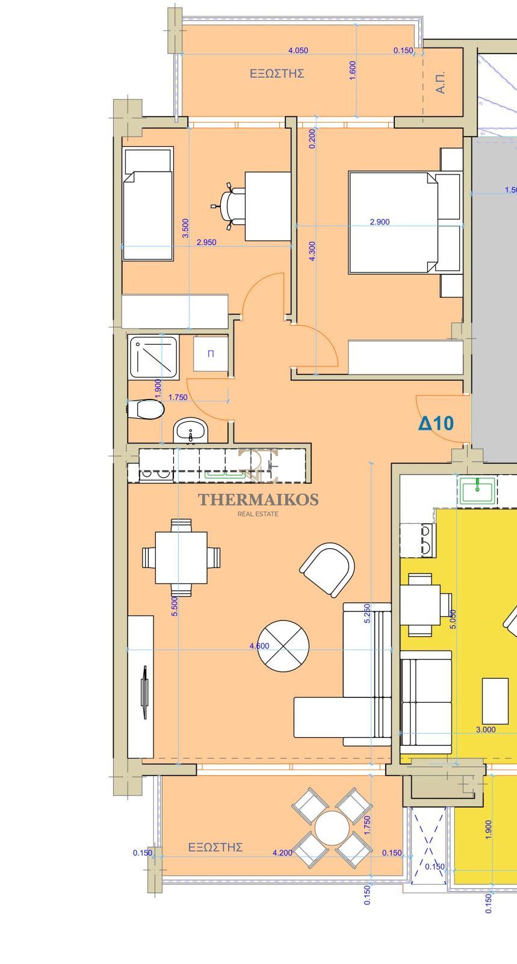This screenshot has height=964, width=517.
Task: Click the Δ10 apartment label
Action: pos(436,424)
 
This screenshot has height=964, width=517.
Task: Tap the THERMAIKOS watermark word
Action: pos(258,499)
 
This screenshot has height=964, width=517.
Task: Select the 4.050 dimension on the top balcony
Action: pos(298,51)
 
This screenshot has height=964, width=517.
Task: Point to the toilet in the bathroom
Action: pos(146,409)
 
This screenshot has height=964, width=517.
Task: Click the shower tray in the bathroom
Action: pos(153,358)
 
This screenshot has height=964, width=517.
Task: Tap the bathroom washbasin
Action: pos(191,430)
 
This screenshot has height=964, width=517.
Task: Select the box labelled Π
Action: pos(211,354)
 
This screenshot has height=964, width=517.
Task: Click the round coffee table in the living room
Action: pos(283,646)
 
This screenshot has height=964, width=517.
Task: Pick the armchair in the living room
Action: pos(327,569)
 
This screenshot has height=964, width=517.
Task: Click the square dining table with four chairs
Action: pos(181,557)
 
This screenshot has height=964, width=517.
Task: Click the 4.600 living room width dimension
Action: pos(259,646)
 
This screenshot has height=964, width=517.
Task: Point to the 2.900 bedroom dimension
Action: pos(380,222)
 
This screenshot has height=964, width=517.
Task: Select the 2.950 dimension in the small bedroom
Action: pos(206,243)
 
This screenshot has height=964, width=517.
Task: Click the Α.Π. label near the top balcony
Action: pos(441,82)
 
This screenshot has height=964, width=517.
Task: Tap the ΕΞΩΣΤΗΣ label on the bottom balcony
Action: pos(215,847)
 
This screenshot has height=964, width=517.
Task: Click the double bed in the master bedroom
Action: pos(393,223)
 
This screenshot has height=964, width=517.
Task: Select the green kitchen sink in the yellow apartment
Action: pos(477,490)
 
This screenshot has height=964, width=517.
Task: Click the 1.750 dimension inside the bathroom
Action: pos(178,397)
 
